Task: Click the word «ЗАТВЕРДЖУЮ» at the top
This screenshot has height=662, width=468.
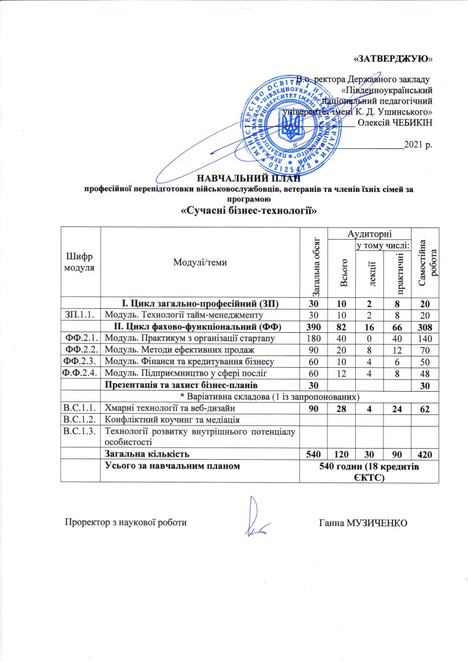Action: point(393,59)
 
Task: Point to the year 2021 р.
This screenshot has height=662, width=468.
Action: point(419,146)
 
